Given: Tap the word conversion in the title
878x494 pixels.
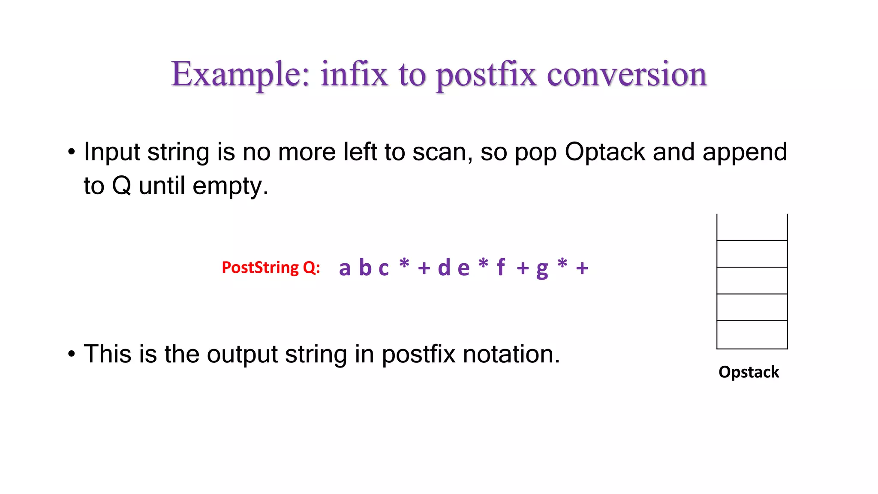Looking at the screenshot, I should pos(627,75).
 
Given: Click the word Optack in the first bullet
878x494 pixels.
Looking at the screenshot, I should pos(605,152).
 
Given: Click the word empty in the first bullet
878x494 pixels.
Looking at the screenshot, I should pos(230,187).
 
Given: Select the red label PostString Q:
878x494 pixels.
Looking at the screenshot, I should pos(271,268).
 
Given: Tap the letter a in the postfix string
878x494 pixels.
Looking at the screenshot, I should pos(345,268).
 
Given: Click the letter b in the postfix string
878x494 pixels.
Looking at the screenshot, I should pos(365,267).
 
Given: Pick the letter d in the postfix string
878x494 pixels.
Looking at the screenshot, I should pos(444,267).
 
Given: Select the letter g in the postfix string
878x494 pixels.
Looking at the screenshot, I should pos(542,269).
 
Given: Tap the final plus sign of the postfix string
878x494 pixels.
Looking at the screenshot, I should pos(582,268).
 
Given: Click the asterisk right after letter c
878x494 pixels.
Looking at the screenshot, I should pos(404,263).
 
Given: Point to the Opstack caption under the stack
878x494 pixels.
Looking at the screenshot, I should pos(749,372).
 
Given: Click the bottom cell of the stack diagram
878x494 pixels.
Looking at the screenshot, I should pos(752,334).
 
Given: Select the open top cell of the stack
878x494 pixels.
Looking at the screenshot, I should pos(752,227).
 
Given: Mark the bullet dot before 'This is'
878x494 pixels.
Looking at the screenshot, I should pos(72,355).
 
